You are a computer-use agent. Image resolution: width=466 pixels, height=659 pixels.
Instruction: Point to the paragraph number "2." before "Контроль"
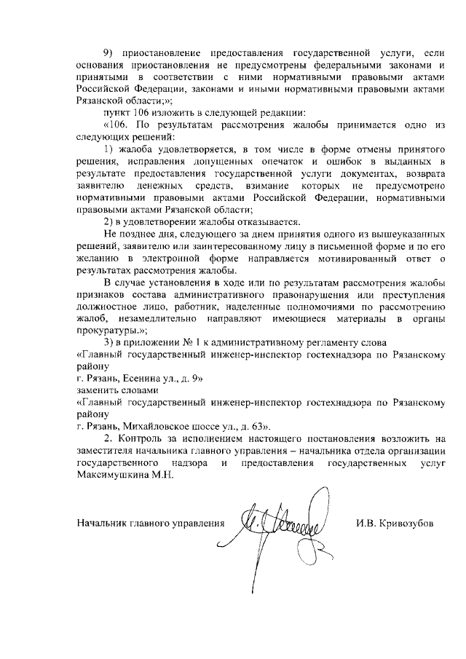108,438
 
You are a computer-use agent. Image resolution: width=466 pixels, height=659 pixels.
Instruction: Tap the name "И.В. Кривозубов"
395,523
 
